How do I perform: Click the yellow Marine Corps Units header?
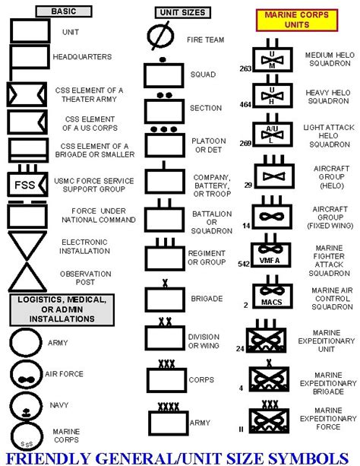point(297,21)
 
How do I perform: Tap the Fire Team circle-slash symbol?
point(160,36)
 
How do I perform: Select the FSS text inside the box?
point(24,185)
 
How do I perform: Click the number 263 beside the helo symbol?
point(245,68)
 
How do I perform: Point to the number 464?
point(245,105)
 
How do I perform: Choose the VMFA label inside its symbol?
point(270,261)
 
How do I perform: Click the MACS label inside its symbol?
point(271,303)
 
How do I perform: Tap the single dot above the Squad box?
point(163,60)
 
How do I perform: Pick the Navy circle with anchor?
point(26,405)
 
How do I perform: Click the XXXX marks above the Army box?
point(169,407)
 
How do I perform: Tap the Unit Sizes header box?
point(183,12)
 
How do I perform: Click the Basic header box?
point(64,11)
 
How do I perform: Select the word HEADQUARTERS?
point(82,57)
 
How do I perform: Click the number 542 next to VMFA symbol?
point(244,264)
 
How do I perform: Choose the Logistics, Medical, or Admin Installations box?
point(62,309)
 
